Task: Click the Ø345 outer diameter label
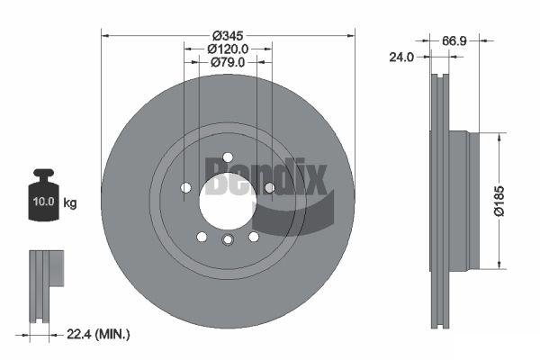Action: (228, 35)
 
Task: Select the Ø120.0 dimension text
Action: (228, 49)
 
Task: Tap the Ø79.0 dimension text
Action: (228, 62)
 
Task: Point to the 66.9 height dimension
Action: (454, 41)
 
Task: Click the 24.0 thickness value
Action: (401, 57)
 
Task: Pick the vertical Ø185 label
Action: (499, 201)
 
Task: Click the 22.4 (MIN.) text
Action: (98, 334)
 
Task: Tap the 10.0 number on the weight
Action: (44, 202)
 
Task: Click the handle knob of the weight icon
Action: (43, 172)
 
